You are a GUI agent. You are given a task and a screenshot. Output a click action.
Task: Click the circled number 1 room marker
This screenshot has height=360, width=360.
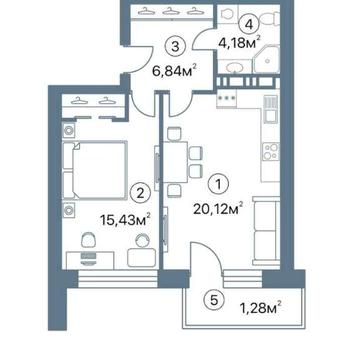tap(218, 184)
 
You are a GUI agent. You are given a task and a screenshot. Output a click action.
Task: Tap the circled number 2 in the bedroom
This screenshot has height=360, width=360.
tap(140, 194)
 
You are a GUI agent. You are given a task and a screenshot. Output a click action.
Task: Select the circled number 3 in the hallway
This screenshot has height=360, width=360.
tap(175, 46)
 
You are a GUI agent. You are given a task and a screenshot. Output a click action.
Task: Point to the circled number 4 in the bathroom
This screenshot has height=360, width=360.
tap(248, 24)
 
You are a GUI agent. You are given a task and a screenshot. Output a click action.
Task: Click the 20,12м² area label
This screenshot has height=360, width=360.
tap(217, 209)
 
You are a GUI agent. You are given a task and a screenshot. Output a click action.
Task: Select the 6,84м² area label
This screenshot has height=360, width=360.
tap(173, 71)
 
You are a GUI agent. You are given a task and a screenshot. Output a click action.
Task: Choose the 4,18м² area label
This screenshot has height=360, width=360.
tap(239, 43)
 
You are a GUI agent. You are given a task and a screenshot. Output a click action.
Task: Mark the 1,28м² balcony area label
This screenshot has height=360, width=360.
tap(261, 308)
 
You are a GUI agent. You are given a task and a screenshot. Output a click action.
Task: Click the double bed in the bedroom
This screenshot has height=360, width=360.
tap(95, 170)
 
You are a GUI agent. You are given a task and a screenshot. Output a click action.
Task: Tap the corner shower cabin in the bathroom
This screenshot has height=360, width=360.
tap(266, 59)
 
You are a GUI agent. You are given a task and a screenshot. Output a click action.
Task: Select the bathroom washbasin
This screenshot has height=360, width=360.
tap(235, 68)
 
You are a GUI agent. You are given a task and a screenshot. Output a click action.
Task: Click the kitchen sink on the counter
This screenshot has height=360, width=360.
tap(271, 109)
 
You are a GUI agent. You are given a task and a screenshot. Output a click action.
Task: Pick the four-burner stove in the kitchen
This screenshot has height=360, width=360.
tap(270, 152)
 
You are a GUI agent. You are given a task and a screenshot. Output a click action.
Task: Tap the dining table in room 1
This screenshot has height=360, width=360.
tap(176, 162)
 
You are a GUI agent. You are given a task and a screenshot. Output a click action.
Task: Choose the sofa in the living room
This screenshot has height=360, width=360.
tap(266, 231)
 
